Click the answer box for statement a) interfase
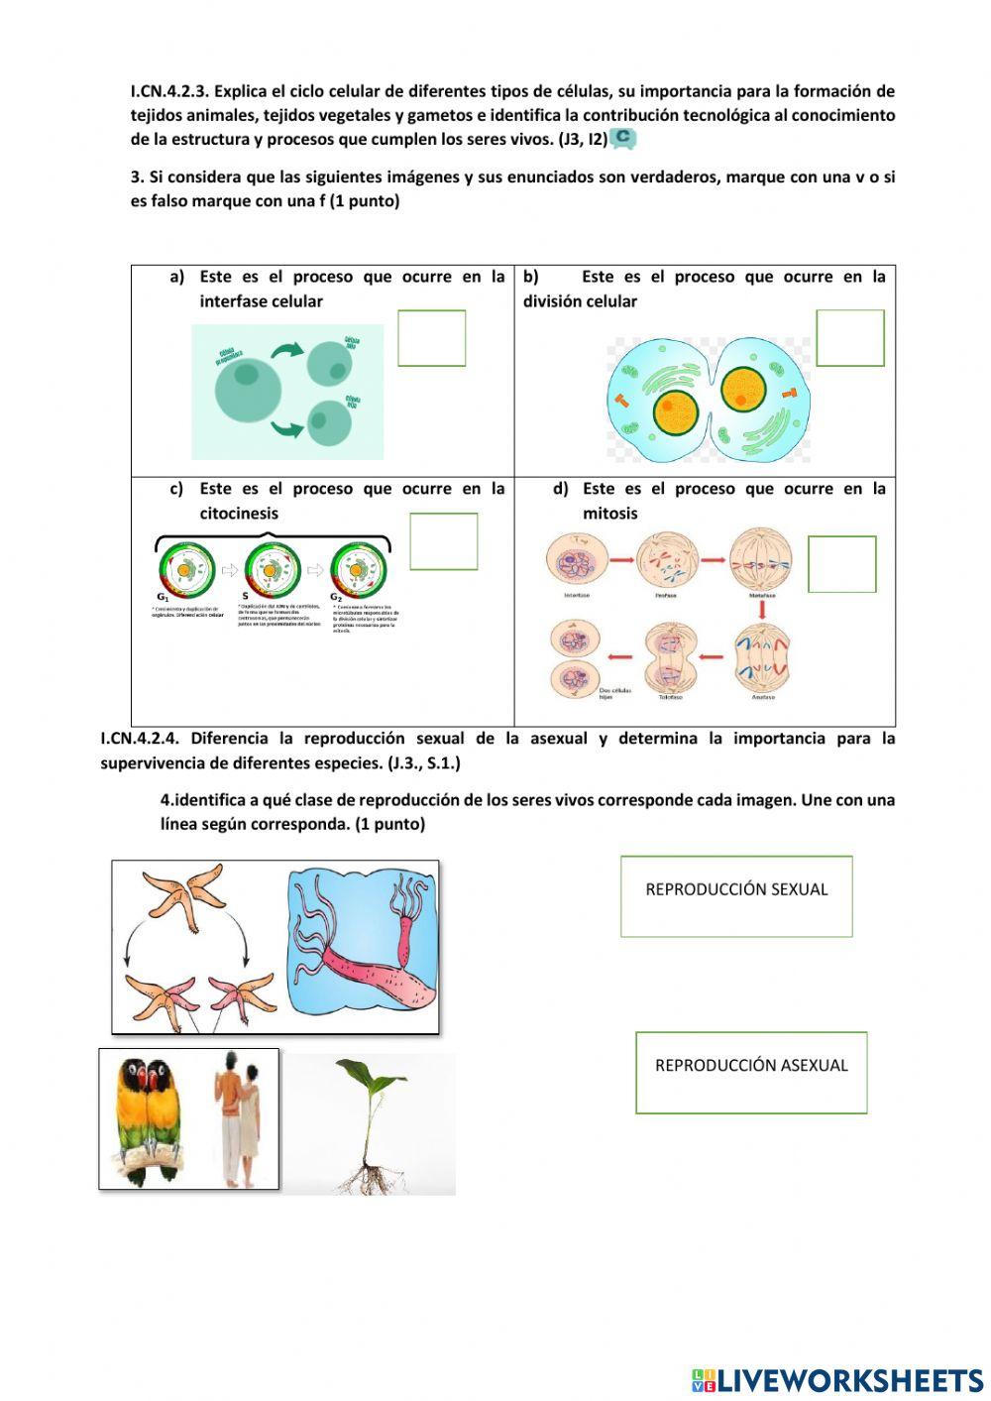[x=431, y=338]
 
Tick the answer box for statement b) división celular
[x=849, y=338]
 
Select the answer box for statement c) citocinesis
[x=443, y=541]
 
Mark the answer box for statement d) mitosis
[x=841, y=564]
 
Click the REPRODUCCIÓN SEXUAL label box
[x=736, y=896]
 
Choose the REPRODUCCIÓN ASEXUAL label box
[x=751, y=1072]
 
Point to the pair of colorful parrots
[x=149, y=1115]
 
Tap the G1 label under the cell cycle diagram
[x=163, y=598]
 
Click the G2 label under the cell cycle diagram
[x=337, y=598]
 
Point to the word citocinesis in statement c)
[x=239, y=514]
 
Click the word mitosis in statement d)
[x=609, y=514]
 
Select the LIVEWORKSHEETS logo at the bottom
[x=837, y=1380]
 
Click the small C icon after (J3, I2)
[x=623, y=139]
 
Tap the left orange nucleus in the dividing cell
[x=677, y=409]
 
